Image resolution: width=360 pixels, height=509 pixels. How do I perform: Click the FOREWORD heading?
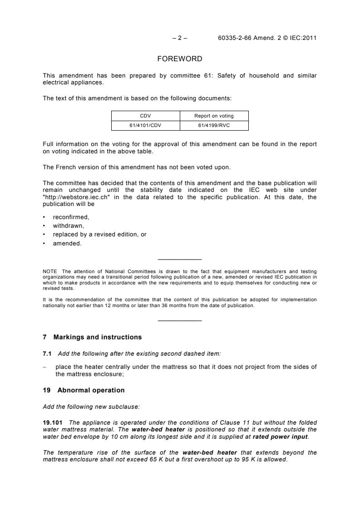[180, 59]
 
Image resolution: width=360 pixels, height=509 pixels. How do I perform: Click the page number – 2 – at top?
[180, 38]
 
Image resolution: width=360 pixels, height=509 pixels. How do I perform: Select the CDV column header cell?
[146, 116]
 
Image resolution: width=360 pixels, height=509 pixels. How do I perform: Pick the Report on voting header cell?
[214, 116]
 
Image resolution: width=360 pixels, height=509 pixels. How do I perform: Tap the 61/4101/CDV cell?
[146, 126]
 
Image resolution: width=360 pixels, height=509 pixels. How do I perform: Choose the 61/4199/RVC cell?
[214, 126]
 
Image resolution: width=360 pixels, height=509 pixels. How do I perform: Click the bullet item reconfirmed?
[71, 217]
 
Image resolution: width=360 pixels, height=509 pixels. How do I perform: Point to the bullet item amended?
[67, 243]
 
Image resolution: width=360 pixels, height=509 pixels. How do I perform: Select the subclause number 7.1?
[47, 353]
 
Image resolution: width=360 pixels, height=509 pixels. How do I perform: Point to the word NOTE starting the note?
[50, 272]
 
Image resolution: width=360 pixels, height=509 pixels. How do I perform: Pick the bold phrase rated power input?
[283, 436]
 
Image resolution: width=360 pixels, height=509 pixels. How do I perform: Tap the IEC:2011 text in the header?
[302, 38]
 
